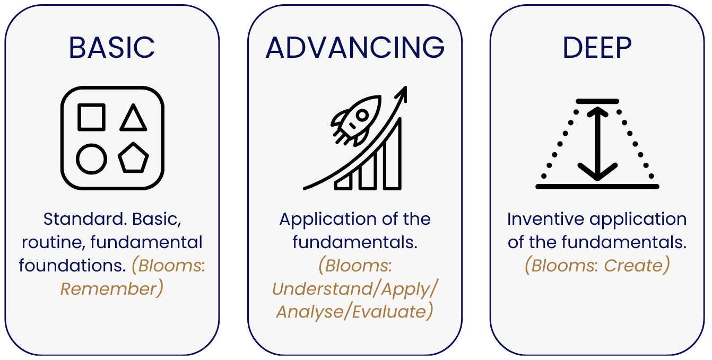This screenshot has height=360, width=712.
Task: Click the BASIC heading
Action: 112,48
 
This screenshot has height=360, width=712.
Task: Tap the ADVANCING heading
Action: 355,48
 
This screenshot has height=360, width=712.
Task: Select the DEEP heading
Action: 597,48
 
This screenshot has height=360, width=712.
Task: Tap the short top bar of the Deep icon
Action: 597,101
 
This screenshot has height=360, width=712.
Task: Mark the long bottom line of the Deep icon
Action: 597,187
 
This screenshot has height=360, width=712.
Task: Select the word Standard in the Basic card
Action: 85,219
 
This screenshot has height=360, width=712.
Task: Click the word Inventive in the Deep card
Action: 546,219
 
